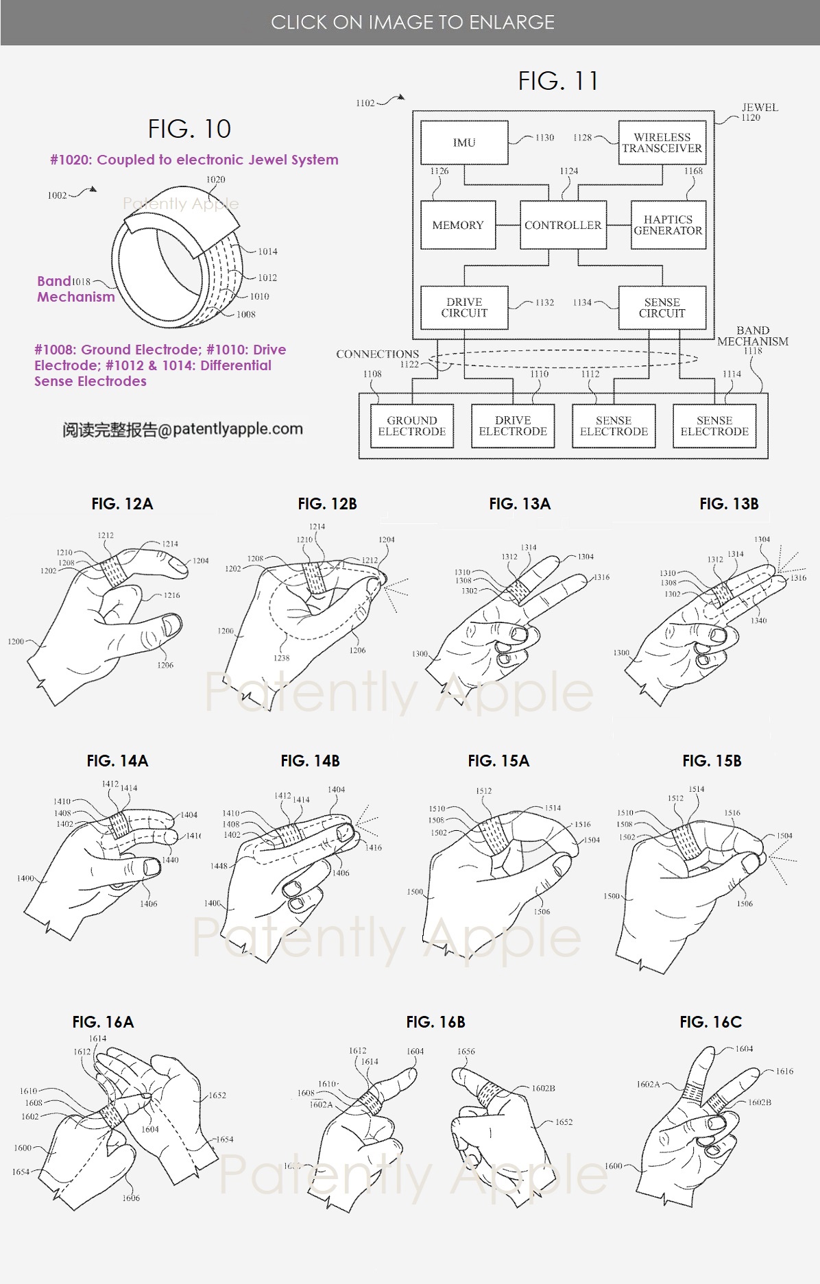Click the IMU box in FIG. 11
pos(464,143)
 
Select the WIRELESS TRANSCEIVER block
pos(662,143)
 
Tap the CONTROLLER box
pos(563,225)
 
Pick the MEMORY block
pos(458,225)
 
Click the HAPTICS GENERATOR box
pos(668,225)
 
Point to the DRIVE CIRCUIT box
pos(464,307)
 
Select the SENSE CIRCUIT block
pos(662,307)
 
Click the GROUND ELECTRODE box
pos(412,426)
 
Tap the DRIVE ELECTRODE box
pos(513,426)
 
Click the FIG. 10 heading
pos(189,129)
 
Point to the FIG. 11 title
pos(558,82)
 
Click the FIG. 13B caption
pos(729,504)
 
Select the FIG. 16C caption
pos(710,1022)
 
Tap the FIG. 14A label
pos(117,761)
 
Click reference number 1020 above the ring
pos(215,180)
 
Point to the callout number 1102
pos(365,103)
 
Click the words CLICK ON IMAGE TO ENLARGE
pos(413,23)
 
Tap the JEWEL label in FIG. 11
pos(760,107)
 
